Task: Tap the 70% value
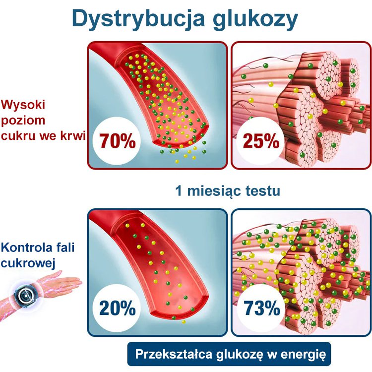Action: point(117,141)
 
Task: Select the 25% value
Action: point(261,141)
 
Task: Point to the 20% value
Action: point(117,309)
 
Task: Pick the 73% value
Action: point(261,309)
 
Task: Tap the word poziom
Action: point(23,121)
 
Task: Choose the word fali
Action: point(63,247)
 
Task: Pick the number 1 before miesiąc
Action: point(179,190)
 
